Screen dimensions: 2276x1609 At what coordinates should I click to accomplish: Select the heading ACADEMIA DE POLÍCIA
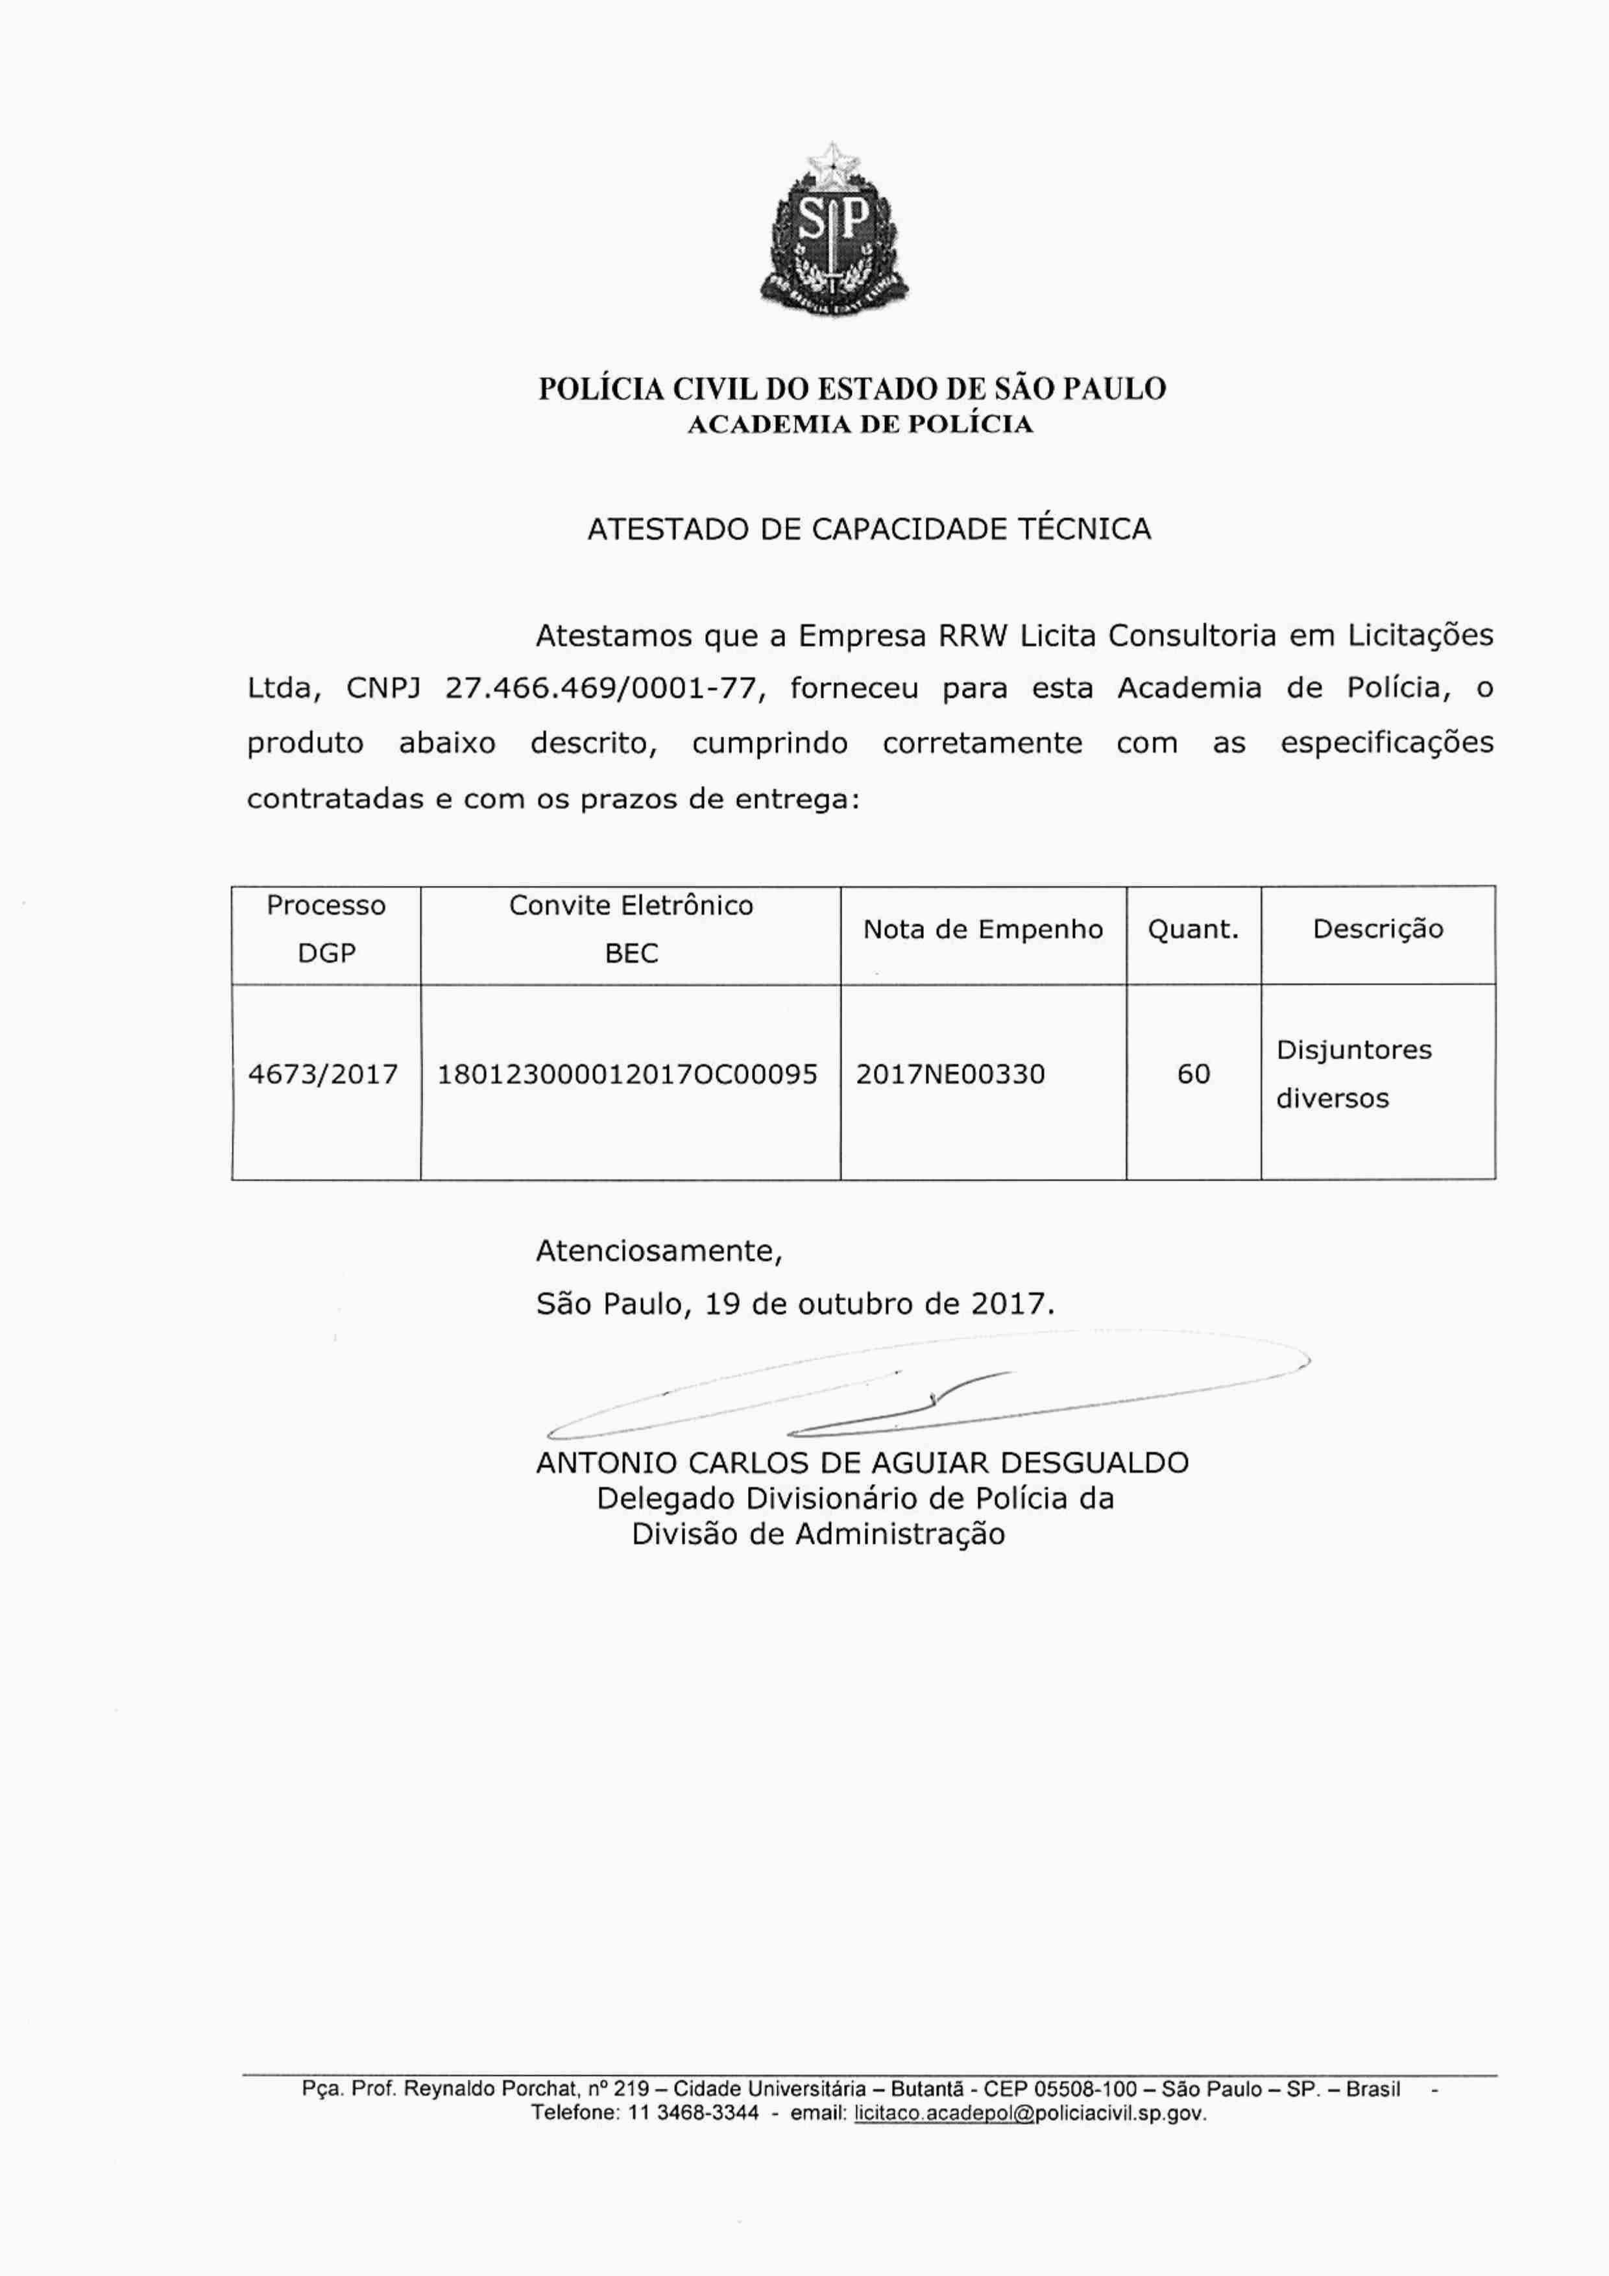tap(860, 424)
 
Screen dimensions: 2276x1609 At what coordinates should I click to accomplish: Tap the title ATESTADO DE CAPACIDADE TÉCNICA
tap(869, 529)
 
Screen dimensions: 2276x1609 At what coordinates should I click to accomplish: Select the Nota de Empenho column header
tap(982, 930)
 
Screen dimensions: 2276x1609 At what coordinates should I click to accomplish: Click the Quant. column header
tap(1192, 930)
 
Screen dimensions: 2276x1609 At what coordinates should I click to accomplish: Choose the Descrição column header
tap(1377, 930)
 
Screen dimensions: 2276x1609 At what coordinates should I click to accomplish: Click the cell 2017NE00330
tap(950, 1074)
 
